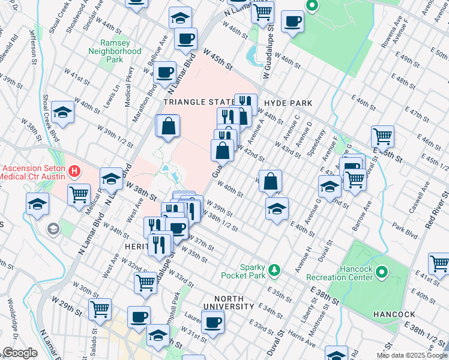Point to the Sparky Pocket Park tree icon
coord(274,271)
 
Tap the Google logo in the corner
coord(19,353)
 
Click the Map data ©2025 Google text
coord(412,355)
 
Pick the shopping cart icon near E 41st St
coord(439,263)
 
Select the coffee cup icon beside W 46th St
coord(292,21)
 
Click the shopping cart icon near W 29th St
coord(100,308)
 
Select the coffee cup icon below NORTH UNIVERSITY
coord(212,322)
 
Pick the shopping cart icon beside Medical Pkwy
coord(79,194)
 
